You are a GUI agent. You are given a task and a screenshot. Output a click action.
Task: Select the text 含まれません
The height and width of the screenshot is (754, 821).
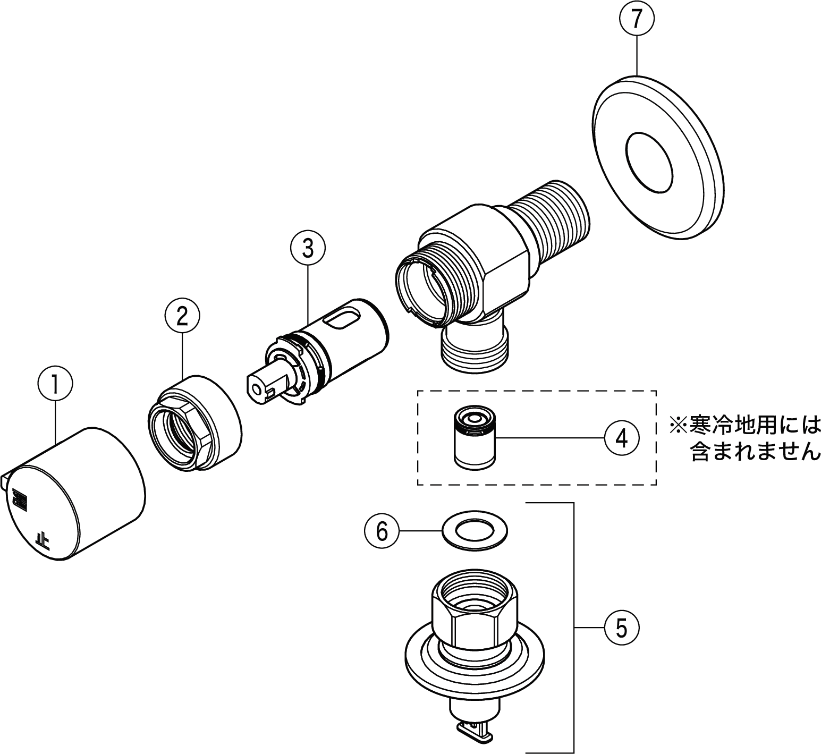[755, 453]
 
